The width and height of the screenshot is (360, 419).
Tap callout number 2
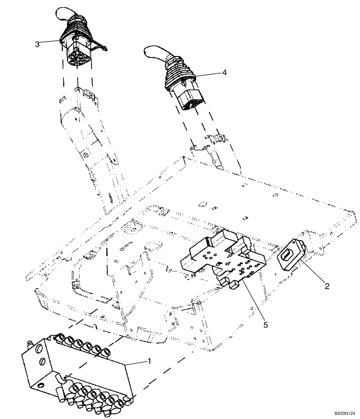point(327,287)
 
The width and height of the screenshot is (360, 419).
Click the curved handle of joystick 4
point(155,52)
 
